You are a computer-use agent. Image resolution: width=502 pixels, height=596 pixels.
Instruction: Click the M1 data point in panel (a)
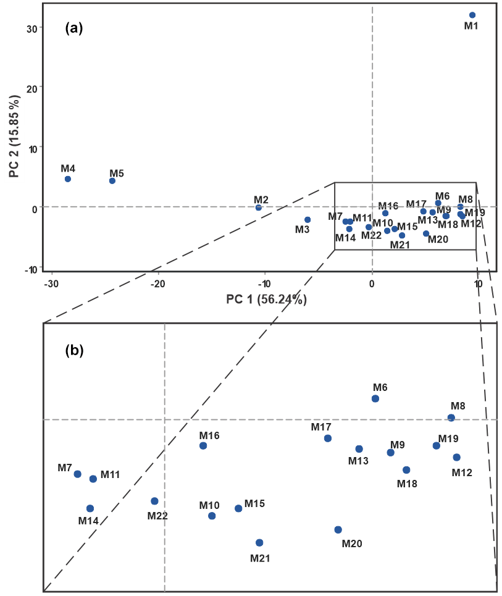[x=472, y=15]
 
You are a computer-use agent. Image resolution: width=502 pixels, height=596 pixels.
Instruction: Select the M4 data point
[x=68, y=179]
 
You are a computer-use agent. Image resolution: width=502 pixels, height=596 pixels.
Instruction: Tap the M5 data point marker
[x=112, y=181]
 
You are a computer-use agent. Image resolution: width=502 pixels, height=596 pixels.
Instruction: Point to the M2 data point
[x=259, y=208]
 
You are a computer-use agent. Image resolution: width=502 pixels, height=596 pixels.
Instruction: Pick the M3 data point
[x=307, y=220]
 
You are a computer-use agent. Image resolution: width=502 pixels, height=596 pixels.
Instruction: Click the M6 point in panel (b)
[x=375, y=398]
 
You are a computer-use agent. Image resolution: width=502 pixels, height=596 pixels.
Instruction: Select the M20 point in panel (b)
[x=338, y=530]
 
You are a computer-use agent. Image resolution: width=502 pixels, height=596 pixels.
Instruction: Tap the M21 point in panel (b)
[x=259, y=543]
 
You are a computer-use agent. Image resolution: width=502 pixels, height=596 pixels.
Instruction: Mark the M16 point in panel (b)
[x=203, y=446]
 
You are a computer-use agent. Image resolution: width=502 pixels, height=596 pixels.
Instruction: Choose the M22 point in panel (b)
[x=154, y=502]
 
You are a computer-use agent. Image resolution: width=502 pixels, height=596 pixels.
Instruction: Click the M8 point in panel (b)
[x=451, y=418]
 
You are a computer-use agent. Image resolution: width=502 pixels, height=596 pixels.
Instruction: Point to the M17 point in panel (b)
[x=328, y=439]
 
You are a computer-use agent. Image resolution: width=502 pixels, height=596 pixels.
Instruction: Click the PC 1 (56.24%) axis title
[x=267, y=300]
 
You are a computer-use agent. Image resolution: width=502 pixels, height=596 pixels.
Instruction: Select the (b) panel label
[x=74, y=351]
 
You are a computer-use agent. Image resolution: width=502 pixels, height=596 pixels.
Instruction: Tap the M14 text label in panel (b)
[x=89, y=520]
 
